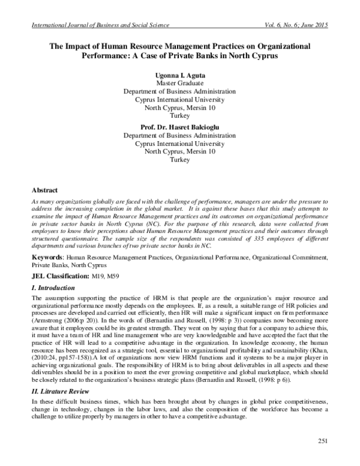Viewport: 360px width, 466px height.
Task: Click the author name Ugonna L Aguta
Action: coord(179,74)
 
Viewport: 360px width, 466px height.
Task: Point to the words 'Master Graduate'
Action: coord(179,83)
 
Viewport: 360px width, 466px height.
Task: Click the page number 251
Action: coord(323,441)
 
